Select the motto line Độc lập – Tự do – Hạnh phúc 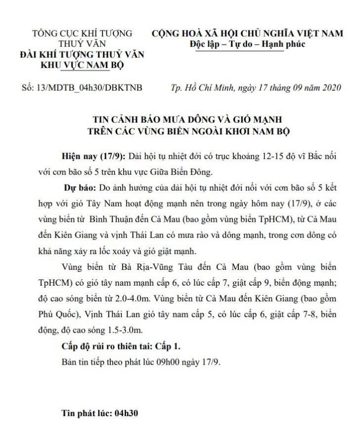click(247, 44)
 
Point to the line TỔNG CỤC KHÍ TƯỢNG click(82, 34)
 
